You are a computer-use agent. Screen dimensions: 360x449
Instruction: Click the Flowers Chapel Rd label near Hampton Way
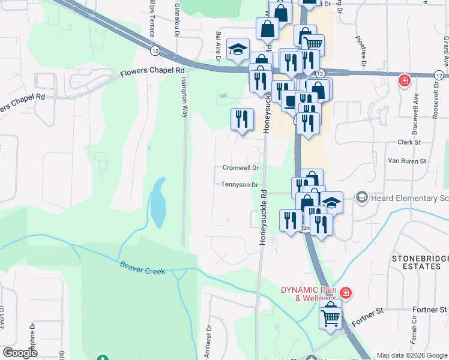(x=152, y=71)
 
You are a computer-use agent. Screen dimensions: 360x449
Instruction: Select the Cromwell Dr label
(x=240, y=168)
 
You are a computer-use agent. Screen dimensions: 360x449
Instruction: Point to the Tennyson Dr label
(x=240, y=185)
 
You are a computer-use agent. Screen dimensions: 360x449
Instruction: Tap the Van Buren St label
(x=406, y=161)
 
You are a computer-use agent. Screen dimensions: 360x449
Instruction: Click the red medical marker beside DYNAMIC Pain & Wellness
(x=345, y=293)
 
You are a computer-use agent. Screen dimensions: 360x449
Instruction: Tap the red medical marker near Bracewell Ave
(x=405, y=80)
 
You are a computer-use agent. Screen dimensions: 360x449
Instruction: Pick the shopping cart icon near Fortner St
(x=330, y=316)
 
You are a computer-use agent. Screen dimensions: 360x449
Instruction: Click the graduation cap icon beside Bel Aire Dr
(x=238, y=50)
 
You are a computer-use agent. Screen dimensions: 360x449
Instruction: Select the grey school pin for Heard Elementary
(x=361, y=197)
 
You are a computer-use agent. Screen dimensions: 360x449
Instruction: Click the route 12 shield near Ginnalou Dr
(x=155, y=51)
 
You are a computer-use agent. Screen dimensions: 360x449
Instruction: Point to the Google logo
(x=20, y=353)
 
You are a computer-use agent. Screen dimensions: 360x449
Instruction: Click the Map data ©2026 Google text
(x=412, y=355)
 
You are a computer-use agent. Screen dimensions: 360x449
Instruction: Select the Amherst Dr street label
(x=208, y=341)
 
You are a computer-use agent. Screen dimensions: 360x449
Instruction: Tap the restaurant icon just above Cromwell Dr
(x=242, y=119)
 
